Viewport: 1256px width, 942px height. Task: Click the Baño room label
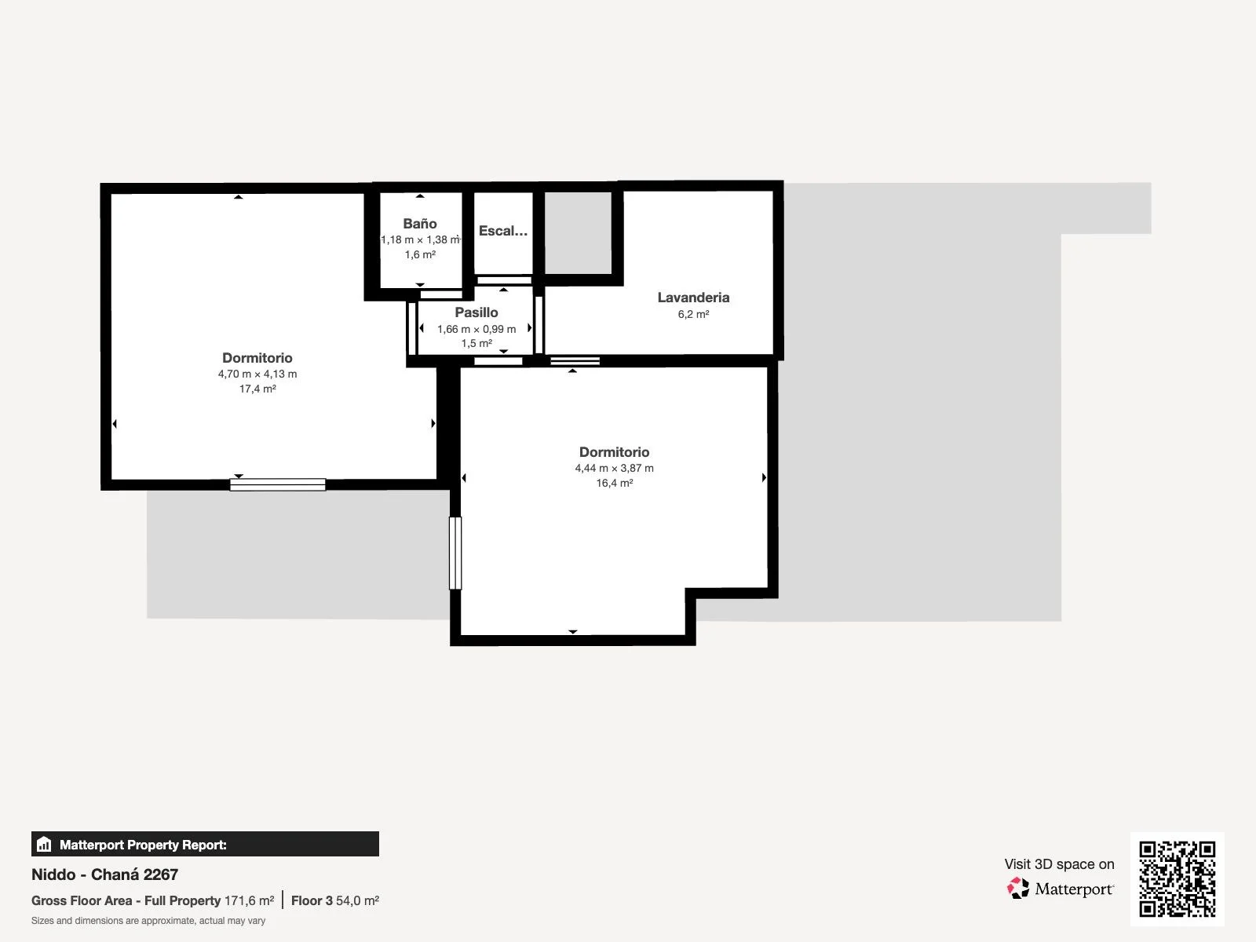click(x=419, y=224)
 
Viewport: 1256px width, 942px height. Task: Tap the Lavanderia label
click(x=693, y=298)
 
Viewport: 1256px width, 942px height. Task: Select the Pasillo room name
click(x=476, y=312)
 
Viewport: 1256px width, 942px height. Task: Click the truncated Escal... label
click(x=503, y=231)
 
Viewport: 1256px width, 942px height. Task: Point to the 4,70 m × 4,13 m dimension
click(x=257, y=374)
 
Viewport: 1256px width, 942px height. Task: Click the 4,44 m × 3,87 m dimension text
click(x=614, y=468)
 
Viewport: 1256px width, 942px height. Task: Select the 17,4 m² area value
click(x=257, y=389)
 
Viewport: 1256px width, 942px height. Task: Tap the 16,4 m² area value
click(x=614, y=483)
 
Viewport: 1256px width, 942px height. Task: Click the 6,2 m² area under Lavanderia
click(x=693, y=314)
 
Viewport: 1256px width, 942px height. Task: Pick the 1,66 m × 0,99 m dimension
click(x=476, y=329)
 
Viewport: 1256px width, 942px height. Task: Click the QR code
click(x=1177, y=879)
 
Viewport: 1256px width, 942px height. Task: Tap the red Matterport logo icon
click(x=1018, y=889)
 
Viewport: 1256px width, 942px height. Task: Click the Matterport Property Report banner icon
click(x=44, y=844)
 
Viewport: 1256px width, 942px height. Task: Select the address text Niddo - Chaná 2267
click(x=104, y=874)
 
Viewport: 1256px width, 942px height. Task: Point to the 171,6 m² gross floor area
click(x=249, y=901)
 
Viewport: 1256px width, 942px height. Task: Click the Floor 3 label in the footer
click(x=312, y=901)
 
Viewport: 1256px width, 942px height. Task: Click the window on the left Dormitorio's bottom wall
click(x=278, y=484)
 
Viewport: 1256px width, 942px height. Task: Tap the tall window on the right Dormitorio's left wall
click(x=455, y=553)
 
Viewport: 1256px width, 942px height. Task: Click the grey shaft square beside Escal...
click(x=578, y=233)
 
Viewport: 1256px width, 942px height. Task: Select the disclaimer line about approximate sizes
click(x=148, y=921)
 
